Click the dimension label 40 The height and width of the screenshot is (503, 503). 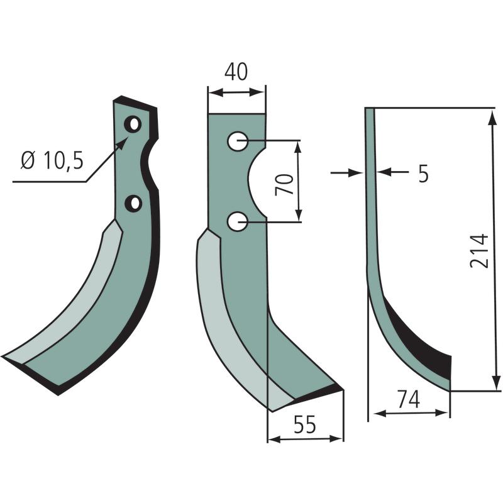[x=236, y=72]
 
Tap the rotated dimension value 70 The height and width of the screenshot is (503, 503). [x=285, y=184]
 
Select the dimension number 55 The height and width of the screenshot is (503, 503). [x=305, y=424]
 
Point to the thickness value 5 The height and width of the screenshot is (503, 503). [x=423, y=174]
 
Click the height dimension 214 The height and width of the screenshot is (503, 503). [x=478, y=251]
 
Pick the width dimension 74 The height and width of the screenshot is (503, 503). [x=408, y=399]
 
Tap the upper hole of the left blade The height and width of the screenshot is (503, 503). [x=133, y=124]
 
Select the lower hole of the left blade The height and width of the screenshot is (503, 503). [x=133, y=203]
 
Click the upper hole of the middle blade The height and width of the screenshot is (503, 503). [x=238, y=141]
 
